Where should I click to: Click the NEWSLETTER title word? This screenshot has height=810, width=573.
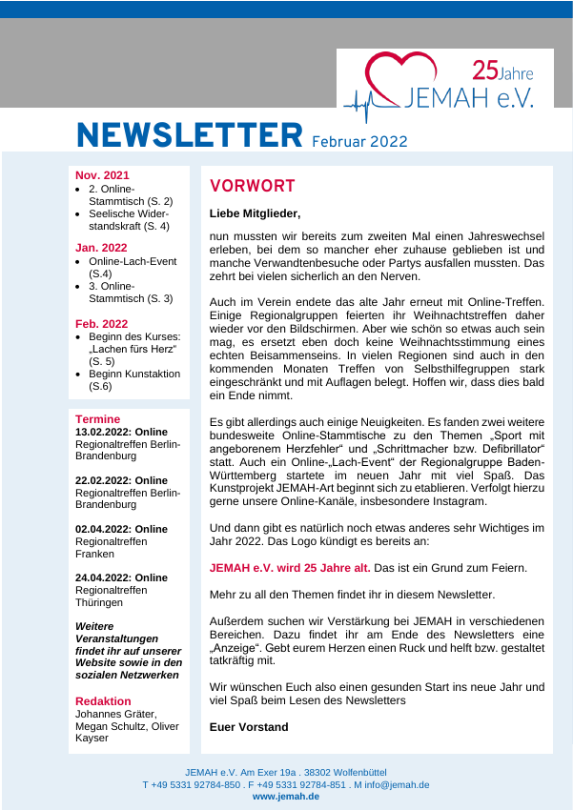(x=189, y=135)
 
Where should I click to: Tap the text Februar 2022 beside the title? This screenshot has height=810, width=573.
(x=359, y=141)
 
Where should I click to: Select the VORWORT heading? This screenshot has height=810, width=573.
(x=253, y=186)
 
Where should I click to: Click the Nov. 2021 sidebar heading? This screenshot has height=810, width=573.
(x=102, y=175)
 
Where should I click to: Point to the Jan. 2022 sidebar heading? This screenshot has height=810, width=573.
(x=101, y=248)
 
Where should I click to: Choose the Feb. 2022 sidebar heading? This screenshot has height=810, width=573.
(x=101, y=324)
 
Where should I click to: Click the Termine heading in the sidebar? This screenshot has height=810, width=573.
(x=98, y=419)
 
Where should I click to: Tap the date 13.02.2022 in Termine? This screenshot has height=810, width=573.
(x=103, y=432)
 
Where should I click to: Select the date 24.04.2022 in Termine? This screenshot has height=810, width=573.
(x=103, y=577)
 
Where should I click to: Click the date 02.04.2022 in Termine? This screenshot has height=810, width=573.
(x=103, y=529)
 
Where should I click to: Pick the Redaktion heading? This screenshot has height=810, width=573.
(x=103, y=701)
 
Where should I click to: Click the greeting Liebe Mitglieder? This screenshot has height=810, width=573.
(x=255, y=213)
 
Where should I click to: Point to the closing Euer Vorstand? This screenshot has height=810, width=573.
(x=249, y=727)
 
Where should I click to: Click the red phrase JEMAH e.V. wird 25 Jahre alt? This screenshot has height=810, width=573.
(x=290, y=568)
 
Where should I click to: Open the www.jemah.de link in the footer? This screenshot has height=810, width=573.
(x=286, y=796)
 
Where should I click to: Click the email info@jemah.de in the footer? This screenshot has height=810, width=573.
(x=397, y=784)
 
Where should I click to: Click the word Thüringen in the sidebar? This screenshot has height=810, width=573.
(x=99, y=602)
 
